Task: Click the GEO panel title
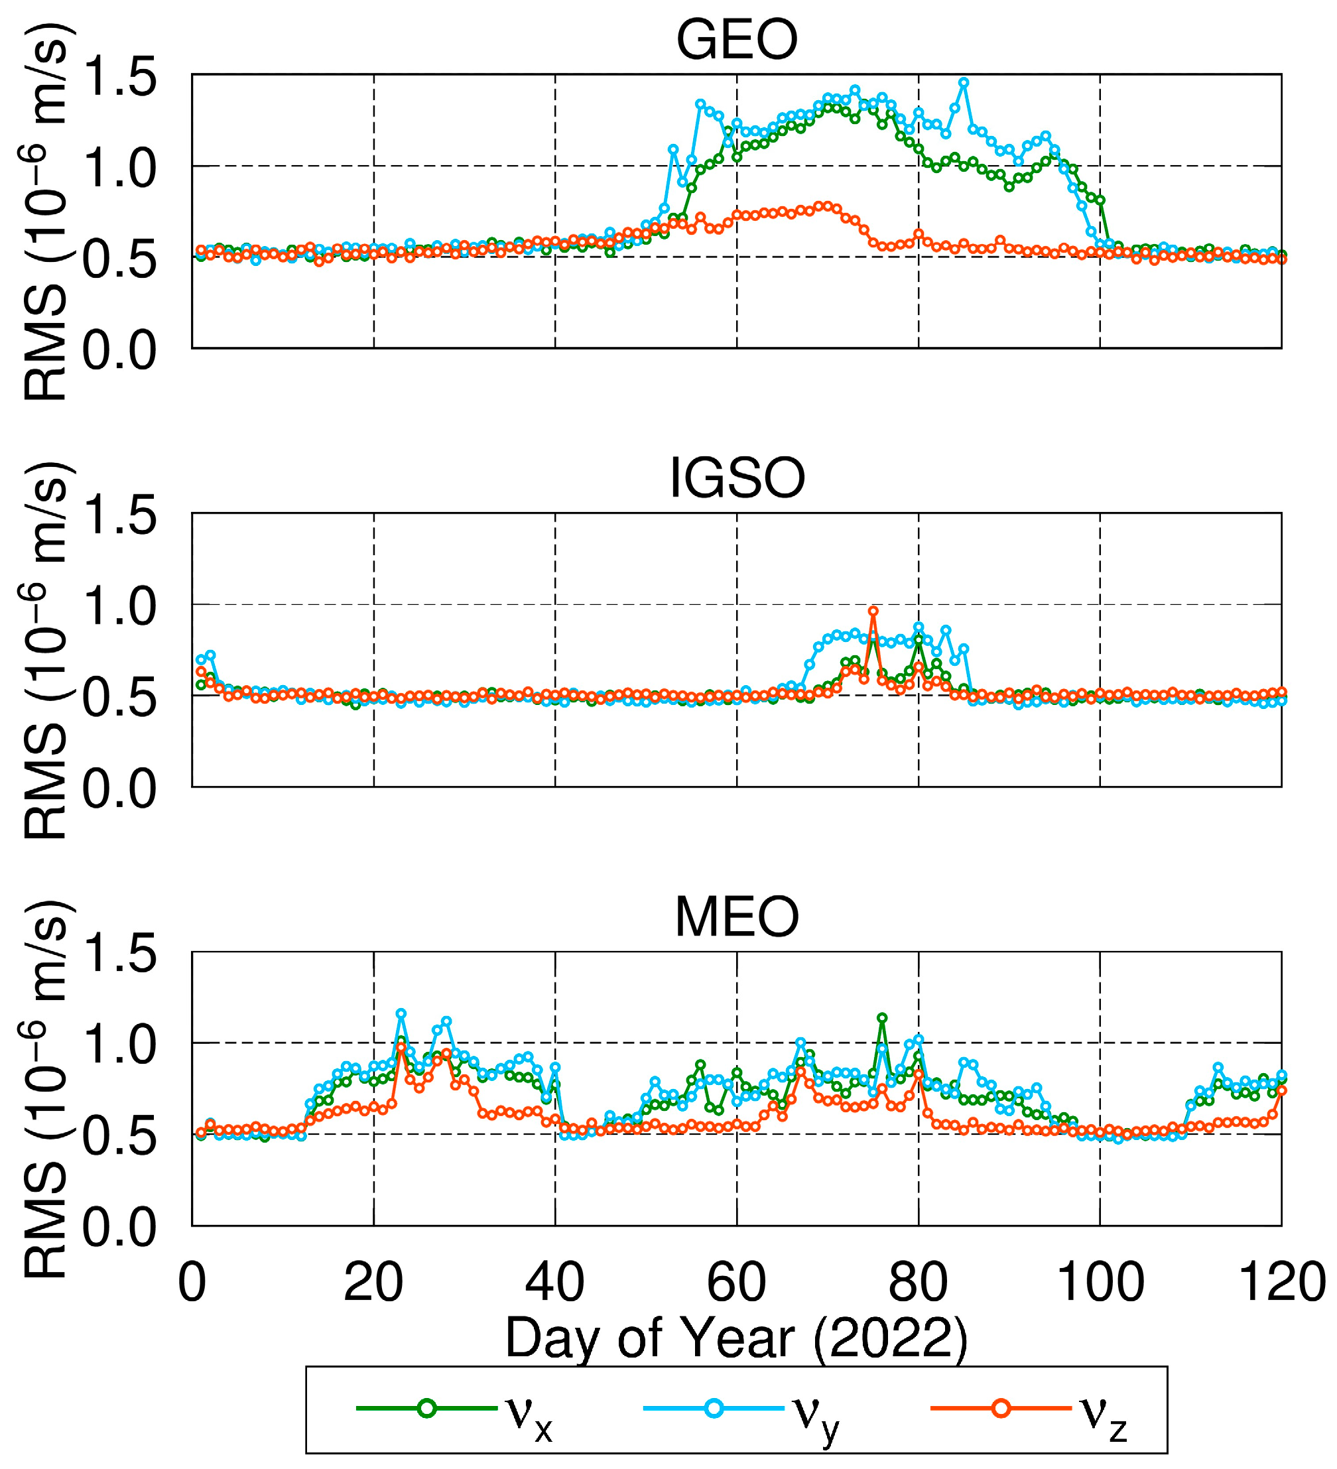click(737, 40)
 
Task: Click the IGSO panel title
click(737, 479)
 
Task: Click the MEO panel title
click(737, 917)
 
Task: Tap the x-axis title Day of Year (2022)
click(737, 1338)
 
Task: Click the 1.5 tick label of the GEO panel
click(119, 77)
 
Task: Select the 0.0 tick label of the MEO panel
click(119, 1228)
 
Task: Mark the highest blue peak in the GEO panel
click(963, 83)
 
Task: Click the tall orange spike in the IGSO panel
click(873, 611)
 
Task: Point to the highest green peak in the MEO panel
click(881, 1018)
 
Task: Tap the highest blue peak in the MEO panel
click(401, 1013)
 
